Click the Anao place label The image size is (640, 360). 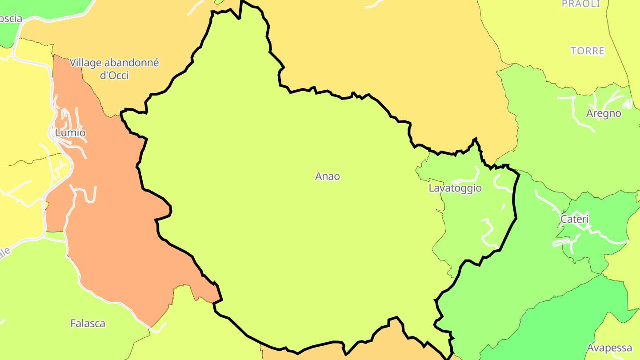[328, 176]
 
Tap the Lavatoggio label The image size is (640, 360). [455, 188]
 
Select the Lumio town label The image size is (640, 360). [70, 132]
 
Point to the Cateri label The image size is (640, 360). [574, 219]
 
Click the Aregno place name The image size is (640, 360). [604, 113]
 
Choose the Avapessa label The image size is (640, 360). [609, 348]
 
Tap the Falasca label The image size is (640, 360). [88, 323]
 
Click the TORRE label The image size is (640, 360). [588, 51]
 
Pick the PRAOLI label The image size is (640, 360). [581, 4]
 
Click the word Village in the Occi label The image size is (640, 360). [86, 63]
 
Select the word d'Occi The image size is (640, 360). [114, 76]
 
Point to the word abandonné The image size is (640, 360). [132, 63]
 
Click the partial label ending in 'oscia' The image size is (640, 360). [11, 19]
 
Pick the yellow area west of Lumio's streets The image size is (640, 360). [22, 111]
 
